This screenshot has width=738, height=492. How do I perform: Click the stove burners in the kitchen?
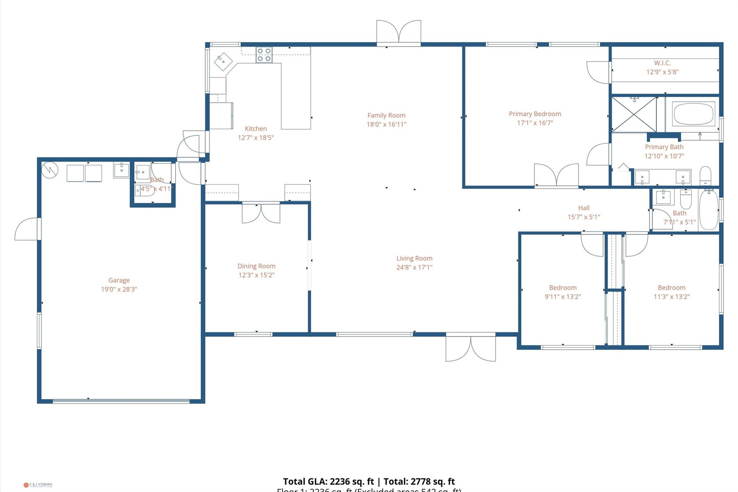[264, 55]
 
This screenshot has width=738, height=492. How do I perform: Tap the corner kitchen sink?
[223, 62]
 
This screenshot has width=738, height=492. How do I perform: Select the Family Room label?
[386, 115]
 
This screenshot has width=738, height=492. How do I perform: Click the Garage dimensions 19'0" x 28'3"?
[119, 289]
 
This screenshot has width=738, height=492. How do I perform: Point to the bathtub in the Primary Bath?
[693, 114]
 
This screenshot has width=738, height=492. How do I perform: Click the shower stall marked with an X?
[634, 115]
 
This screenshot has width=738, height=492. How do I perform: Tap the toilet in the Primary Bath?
[705, 176]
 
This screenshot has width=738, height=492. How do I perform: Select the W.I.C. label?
[662, 63]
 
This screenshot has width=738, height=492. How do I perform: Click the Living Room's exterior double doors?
[471, 348]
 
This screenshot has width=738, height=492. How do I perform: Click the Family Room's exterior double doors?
[399, 32]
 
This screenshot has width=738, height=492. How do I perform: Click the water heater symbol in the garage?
[50, 170]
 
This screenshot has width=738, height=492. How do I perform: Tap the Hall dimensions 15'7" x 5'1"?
[584, 217]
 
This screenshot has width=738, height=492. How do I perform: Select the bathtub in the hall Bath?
[708, 210]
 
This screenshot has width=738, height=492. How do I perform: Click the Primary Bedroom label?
[535, 114]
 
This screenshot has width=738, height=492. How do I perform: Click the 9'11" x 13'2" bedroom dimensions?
[563, 297]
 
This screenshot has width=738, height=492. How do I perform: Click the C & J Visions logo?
[38, 485]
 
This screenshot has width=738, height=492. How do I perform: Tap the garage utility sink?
[121, 170]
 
